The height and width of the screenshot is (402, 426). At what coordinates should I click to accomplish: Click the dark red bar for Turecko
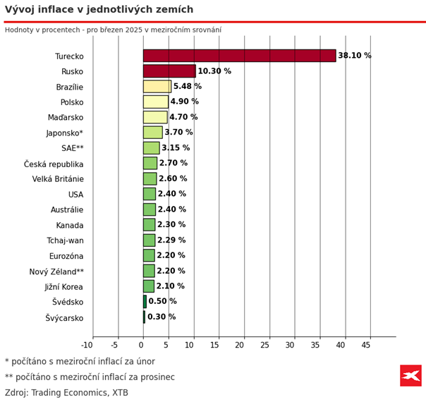(239, 56)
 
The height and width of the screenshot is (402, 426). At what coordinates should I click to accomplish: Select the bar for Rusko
(169, 71)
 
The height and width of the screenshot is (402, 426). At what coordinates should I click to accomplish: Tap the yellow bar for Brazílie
(157, 87)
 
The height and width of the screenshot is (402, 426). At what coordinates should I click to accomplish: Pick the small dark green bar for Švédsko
(145, 302)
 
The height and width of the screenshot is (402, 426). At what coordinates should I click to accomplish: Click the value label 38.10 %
(354, 56)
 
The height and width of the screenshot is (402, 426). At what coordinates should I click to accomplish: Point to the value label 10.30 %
(214, 71)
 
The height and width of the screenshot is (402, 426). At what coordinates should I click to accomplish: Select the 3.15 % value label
(176, 148)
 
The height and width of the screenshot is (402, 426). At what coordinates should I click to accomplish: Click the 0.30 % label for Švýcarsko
(162, 317)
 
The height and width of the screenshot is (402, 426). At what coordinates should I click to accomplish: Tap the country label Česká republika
(54, 164)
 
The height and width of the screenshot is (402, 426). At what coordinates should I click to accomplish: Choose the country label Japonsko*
(65, 133)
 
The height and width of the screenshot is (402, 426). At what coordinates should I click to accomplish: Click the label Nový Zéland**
(56, 272)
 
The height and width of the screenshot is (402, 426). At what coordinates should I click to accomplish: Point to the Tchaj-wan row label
(65, 240)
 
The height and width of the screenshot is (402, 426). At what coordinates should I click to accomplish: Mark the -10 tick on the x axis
(87, 345)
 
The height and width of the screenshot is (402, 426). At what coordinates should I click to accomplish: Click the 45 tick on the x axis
(365, 345)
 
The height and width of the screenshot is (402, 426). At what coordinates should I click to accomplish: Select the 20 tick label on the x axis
(240, 345)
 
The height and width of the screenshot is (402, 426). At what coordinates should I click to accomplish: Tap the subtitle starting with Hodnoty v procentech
(113, 30)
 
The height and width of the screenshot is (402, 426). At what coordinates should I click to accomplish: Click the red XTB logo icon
(410, 375)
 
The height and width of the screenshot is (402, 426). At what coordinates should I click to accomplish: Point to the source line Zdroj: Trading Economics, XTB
(66, 393)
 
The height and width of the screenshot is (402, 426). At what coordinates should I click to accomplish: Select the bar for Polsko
(155, 102)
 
